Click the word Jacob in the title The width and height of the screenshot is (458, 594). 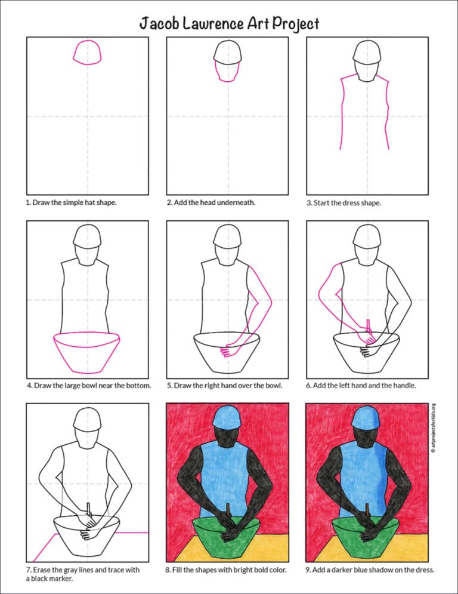click(159, 23)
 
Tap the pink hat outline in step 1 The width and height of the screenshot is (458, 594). click(87, 52)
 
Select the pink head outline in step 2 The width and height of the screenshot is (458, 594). click(227, 72)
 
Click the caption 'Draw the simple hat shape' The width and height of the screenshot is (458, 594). click(71, 202)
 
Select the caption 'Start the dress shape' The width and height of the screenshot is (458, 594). click(343, 202)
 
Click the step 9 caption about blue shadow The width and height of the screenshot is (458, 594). click(370, 570)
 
